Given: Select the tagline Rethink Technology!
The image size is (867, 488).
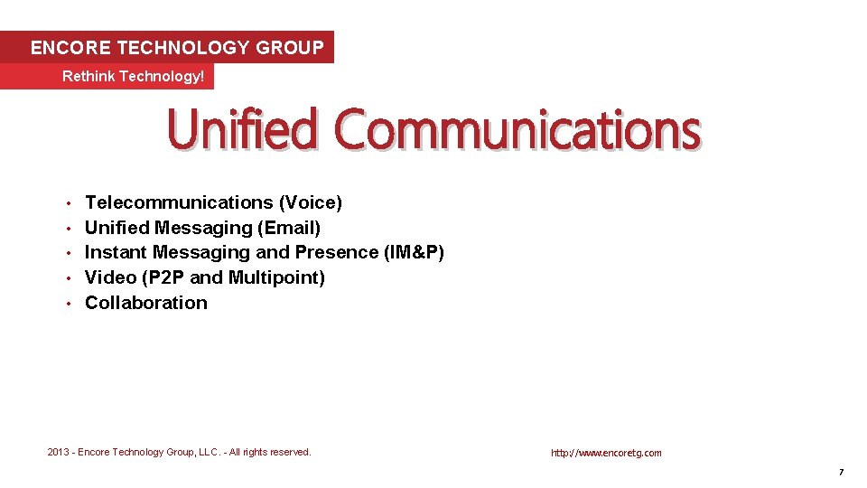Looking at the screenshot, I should [x=134, y=77].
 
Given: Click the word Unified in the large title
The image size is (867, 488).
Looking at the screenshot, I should [x=242, y=130].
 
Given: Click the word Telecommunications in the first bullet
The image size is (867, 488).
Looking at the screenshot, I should [x=179, y=202].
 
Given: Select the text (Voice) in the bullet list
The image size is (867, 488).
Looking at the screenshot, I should [x=310, y=202].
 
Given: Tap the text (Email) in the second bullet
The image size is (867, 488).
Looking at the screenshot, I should [x=289, y=228].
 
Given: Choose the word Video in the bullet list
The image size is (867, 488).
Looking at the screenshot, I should [x=110, y=277].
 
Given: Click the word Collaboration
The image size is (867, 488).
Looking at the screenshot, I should [x=146, y=303].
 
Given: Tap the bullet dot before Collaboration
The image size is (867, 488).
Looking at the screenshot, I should [x=69, y=304].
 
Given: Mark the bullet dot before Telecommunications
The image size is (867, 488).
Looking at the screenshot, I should [x=69, y=203].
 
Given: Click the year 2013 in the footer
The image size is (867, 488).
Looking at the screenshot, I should [x=59, y=452].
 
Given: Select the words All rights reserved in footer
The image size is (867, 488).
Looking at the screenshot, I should [x=267, y=452].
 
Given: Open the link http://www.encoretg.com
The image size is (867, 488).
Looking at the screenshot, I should [x=606, y=453].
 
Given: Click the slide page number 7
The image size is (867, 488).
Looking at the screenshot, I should [x=841, y=473].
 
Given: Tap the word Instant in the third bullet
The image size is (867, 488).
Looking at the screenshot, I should [x=116, y=252].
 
